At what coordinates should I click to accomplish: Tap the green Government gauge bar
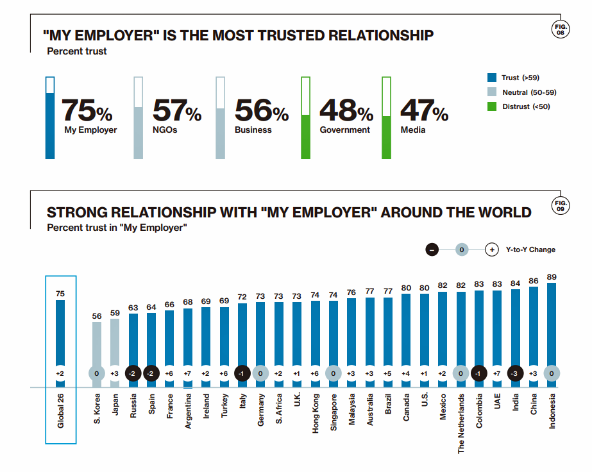click(x=306, y=136)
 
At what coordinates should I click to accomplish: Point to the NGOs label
click(x=165, y=130)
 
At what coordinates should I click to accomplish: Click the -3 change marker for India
click(x=515, y=373)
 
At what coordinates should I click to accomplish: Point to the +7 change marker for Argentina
click(x=188, y=373)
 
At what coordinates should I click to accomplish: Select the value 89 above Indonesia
click(x=552, y=277)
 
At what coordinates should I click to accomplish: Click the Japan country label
click(x=115, y=405)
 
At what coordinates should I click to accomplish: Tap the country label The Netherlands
click(x=461, y=424)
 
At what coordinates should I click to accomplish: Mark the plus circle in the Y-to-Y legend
click(x=491, y=249)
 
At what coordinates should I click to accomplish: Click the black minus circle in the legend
click(x=432, y=249)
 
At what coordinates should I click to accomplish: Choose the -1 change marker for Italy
click(x=242, y=373)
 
